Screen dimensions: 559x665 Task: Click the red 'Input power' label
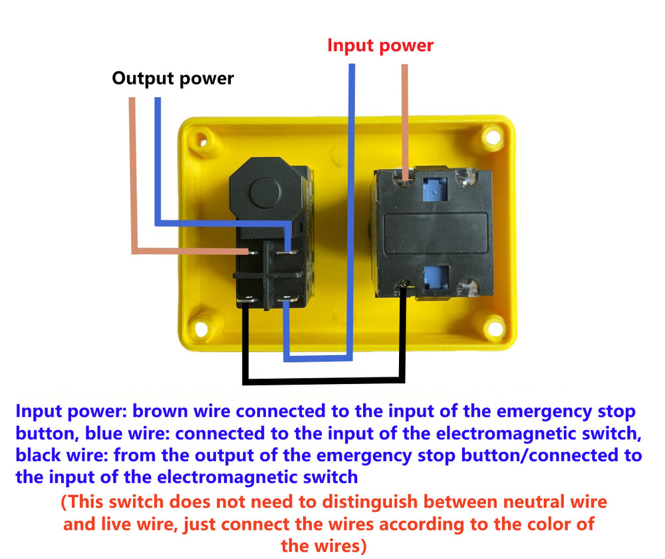click(x=380, y=45)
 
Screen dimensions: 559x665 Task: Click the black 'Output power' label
click(x=173, y=79)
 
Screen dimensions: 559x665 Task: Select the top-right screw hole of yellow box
click(x=492, y=137)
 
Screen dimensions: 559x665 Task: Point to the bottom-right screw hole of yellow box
click(x=493, y=327)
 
